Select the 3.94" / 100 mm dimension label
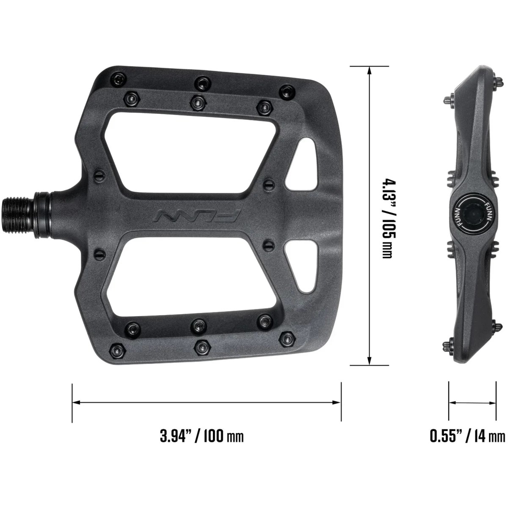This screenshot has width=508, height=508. click(x=202, y=436)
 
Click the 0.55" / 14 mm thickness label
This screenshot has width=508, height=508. click(x=467, y=436)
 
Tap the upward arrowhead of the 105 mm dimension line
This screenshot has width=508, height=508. click(x=370, y=70)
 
